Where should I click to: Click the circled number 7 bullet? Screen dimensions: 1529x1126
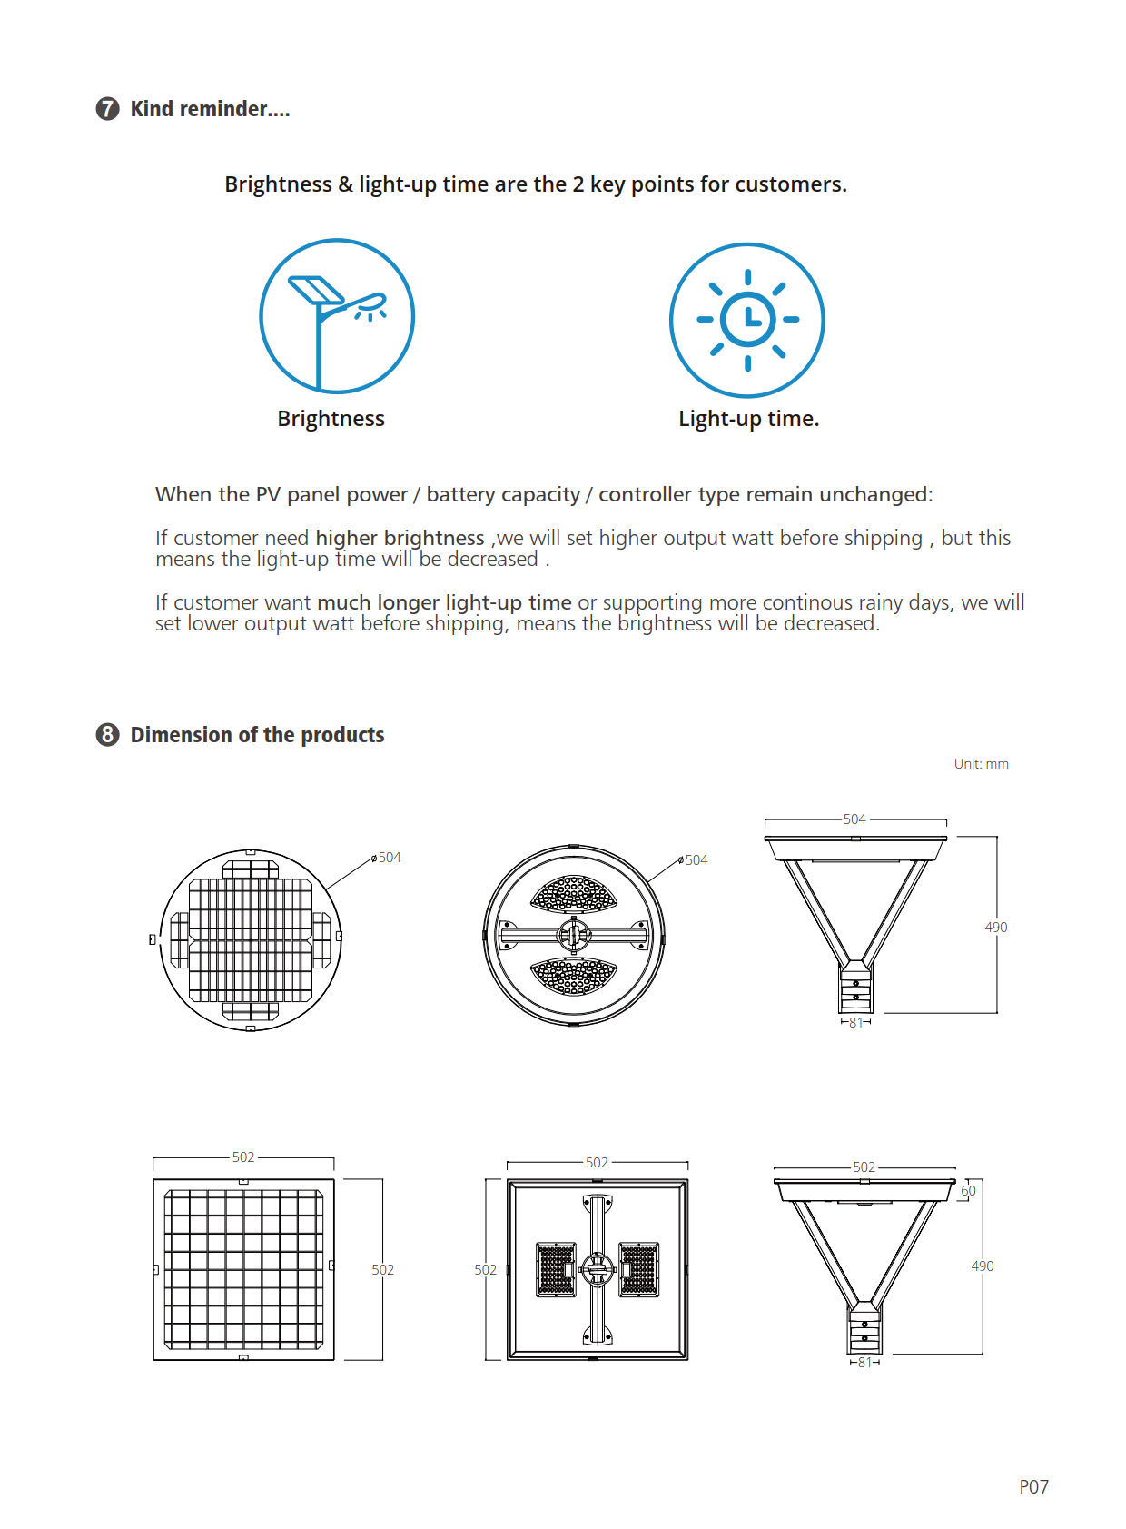107,109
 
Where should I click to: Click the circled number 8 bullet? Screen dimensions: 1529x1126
107,734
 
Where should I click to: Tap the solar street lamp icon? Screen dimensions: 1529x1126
337,316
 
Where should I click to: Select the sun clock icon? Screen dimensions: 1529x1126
747,320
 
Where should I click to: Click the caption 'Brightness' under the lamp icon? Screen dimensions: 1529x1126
331,419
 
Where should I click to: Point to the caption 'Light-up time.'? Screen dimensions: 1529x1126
748,419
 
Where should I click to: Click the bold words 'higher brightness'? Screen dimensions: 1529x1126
400,538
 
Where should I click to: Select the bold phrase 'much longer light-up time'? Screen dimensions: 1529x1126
444,602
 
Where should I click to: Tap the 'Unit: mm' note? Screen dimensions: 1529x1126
981,764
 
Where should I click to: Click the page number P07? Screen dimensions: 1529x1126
1033,1487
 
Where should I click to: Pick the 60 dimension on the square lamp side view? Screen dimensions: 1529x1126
968,1191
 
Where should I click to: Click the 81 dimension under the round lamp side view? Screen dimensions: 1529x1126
855,1023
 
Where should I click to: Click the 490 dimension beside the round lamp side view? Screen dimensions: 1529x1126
996,928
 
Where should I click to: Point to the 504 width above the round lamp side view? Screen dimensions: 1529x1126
854,819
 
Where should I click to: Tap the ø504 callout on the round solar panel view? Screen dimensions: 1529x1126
388,858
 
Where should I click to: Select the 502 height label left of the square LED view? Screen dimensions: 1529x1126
485,1270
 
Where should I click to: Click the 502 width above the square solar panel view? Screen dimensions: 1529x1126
243,1157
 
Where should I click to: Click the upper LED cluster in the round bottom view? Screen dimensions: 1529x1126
574,894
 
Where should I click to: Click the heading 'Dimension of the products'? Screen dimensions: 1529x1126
257,735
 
